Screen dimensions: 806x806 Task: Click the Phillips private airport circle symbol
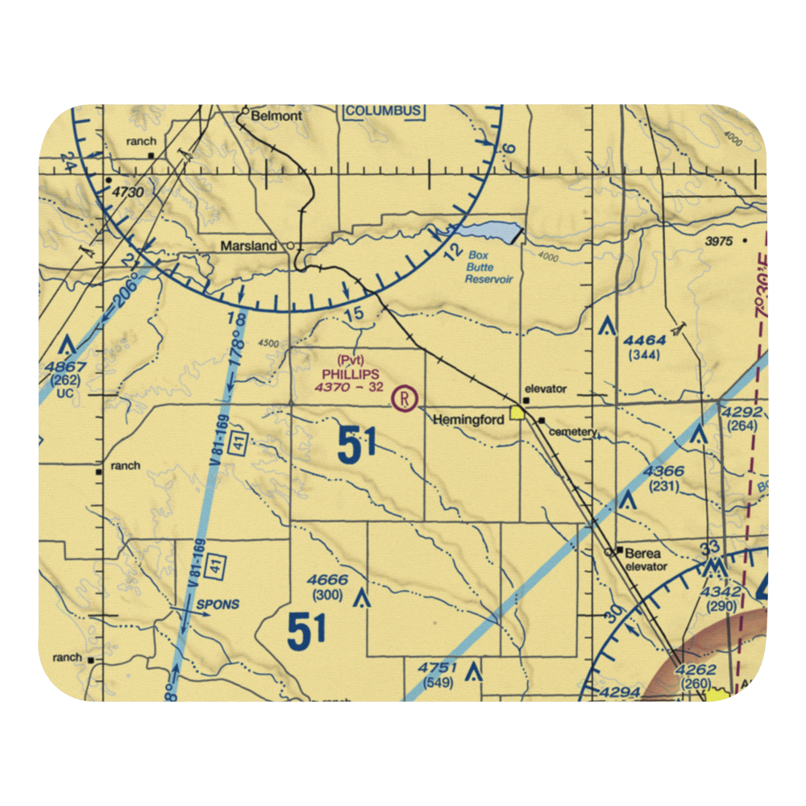(404, 397)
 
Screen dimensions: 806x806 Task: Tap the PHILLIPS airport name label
(349, 374)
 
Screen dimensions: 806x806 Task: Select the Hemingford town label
(468, 420)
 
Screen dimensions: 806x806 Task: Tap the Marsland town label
(249, 246)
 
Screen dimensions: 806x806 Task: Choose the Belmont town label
(276, 116)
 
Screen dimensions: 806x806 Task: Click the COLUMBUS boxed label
(384, 110)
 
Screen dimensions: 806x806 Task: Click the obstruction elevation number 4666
(327, 581)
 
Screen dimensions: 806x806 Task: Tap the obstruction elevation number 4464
(644, 341)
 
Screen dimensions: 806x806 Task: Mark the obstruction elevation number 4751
(438, 667)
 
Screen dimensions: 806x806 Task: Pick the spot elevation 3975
(720, 241)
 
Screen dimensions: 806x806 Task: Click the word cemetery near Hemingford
(572, 432)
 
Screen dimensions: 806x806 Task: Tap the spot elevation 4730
(127, 193)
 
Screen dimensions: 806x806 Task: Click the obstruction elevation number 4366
(664, 472)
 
